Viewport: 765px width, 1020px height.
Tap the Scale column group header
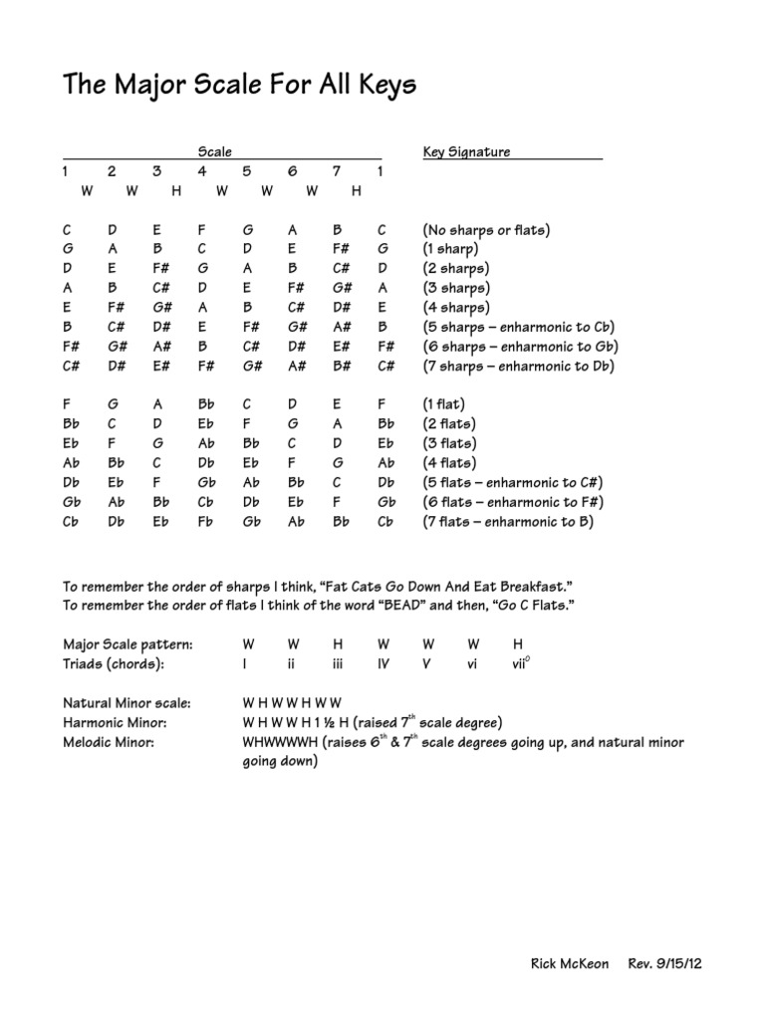[x=215, y=152]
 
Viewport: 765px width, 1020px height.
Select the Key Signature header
[x=466, y=152]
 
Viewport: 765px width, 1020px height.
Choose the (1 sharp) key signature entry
[x=450, y=249]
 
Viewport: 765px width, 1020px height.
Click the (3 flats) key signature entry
[x=449, y=444]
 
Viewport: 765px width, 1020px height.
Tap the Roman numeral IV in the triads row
[x=383, y=663]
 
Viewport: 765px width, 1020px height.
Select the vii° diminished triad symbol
[x=519, y=663]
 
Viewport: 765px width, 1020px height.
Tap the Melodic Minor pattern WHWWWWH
[x=281, y=742]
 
